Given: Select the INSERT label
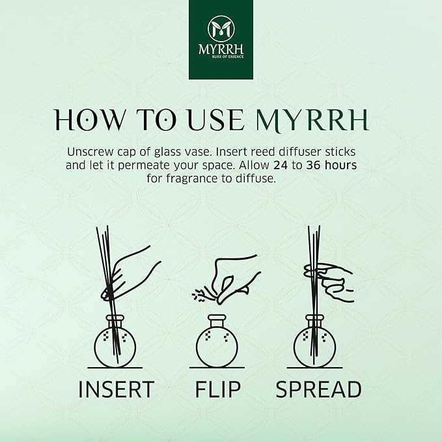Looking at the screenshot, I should click(x=116, y=389).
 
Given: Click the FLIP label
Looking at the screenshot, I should click(x=217, y=389).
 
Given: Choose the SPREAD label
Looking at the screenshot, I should click(x=318, y=389).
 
